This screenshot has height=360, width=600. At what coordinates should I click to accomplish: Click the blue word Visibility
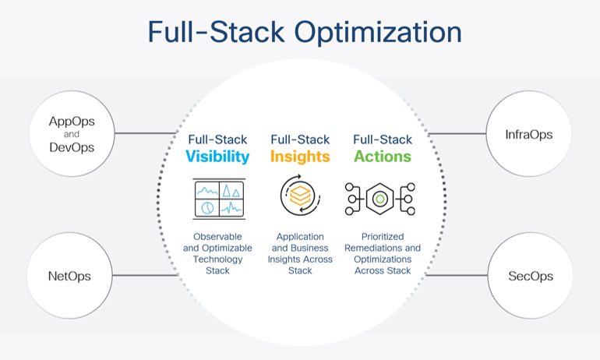tap(217, 157)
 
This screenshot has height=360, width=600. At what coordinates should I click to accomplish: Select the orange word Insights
tap(300, 157)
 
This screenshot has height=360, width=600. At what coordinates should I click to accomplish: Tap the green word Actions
tap(382, 157)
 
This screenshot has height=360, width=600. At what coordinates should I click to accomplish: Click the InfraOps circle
tap(529, 135)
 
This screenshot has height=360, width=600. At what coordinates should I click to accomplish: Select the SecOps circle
tap(529, 276)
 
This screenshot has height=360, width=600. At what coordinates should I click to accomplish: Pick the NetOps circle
tap(70, 276)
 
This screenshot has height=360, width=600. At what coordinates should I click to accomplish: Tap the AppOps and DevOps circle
tap(70, 134)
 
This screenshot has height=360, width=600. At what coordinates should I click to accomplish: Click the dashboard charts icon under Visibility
tap(218, 198)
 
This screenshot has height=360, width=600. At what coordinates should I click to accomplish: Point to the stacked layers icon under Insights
tap(300, 199)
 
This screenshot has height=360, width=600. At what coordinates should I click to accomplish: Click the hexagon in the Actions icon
tap(379, 199)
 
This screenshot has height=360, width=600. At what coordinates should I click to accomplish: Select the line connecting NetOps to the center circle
tap(145, 276)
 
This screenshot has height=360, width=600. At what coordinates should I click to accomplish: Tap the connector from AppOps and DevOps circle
tap(145, 133)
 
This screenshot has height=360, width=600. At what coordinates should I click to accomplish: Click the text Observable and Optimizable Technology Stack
tap(218, 253)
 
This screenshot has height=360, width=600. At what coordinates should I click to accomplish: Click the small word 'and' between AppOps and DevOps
tap(71, 134)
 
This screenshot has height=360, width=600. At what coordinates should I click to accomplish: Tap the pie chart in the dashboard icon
tap(208, 207)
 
